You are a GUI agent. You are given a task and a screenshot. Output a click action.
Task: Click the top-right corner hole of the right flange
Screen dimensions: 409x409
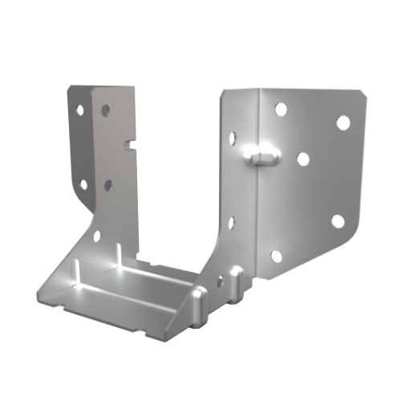[342, 123]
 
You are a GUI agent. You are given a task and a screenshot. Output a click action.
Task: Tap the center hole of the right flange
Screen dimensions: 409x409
[303, 159]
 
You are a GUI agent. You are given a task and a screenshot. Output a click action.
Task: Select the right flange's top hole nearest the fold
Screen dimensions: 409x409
[280, 108]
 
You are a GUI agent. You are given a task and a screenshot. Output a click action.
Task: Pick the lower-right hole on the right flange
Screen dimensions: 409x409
[338, 221]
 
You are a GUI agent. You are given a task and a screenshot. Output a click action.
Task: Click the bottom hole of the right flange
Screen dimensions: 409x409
[277, 256]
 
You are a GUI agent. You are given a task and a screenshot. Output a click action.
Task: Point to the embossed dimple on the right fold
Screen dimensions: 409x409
[258, 152]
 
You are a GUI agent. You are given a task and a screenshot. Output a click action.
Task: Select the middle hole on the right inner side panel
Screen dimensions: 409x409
[231, 221]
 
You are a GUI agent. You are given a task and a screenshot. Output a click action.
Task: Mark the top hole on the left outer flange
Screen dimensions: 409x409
[79, 107]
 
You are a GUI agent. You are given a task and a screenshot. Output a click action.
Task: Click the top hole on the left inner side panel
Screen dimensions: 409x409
[107, 108]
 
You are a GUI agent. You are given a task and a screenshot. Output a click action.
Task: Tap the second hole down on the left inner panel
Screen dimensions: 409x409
[107, 184]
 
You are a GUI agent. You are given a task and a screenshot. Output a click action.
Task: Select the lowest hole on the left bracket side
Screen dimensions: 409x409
[96, 237]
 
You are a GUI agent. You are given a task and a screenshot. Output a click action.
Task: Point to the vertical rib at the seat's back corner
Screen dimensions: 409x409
[117, 254]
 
